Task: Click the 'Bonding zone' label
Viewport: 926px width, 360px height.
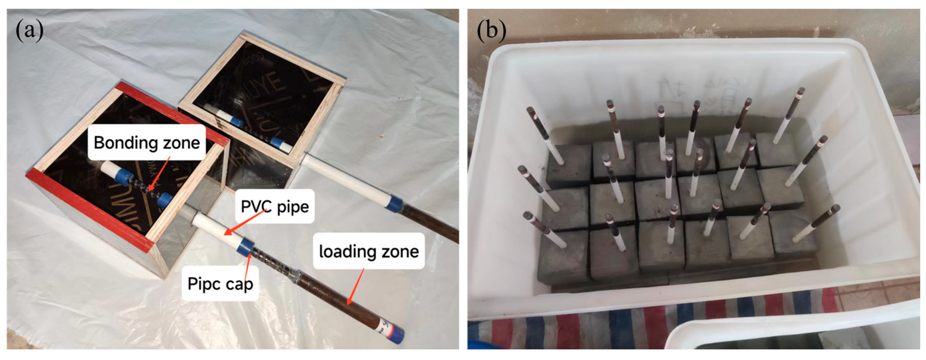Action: (x=147, y=143)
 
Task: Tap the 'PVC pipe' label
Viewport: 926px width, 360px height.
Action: (x=275, y=206)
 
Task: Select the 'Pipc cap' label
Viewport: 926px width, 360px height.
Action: (x=220, y=284)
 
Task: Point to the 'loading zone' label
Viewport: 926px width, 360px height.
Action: (x=369, y=251)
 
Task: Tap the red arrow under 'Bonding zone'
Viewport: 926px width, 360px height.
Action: (x=159, y=174)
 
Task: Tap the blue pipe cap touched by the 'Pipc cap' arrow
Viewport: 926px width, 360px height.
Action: (x=246, y=247)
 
